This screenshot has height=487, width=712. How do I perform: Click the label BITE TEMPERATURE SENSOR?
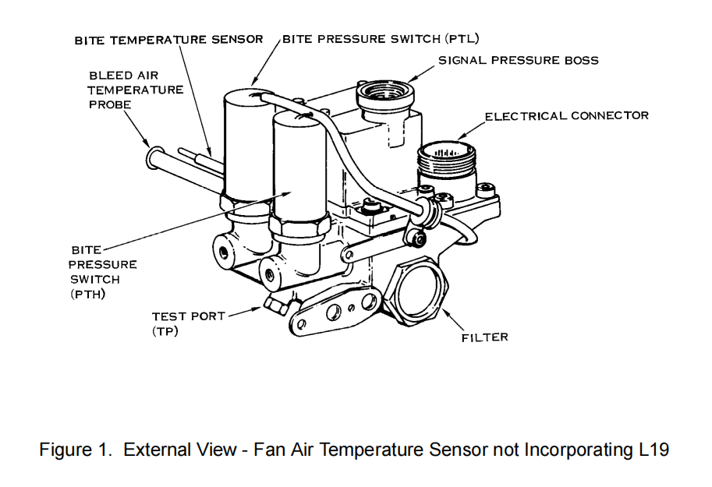pos(168,40)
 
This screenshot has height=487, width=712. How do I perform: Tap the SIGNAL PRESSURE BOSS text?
pos(518,60)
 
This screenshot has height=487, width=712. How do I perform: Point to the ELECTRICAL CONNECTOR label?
pos(566,116)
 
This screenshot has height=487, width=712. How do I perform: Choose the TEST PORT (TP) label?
pos(188,323)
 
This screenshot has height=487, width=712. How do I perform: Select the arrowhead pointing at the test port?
pos(260,309)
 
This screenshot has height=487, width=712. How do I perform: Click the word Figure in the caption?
pos(66,450)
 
